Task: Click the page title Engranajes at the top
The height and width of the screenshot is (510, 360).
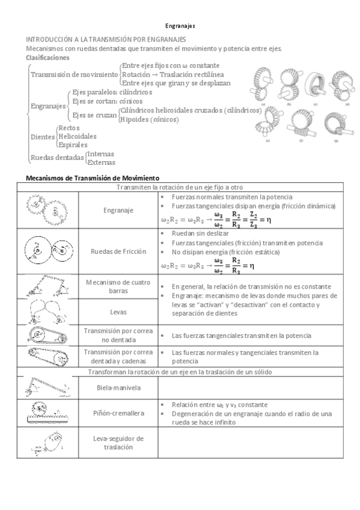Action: (180, 26)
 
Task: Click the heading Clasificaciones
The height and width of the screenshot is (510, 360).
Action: (47, 57)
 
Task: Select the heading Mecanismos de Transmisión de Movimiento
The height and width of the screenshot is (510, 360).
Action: (90, 178)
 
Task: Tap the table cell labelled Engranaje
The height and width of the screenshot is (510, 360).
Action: (118, 210)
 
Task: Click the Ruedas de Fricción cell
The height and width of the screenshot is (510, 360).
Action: (118, 251)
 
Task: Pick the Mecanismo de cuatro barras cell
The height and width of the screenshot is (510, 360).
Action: (118, 286)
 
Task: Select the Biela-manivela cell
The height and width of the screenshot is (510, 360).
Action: (118, 388)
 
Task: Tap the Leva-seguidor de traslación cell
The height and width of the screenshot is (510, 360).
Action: (118, 443)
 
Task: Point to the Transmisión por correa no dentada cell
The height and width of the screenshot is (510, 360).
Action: (118, 334)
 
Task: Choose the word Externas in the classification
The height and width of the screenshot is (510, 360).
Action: (101, 161)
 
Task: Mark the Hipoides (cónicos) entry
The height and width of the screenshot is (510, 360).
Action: (149, 119)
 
